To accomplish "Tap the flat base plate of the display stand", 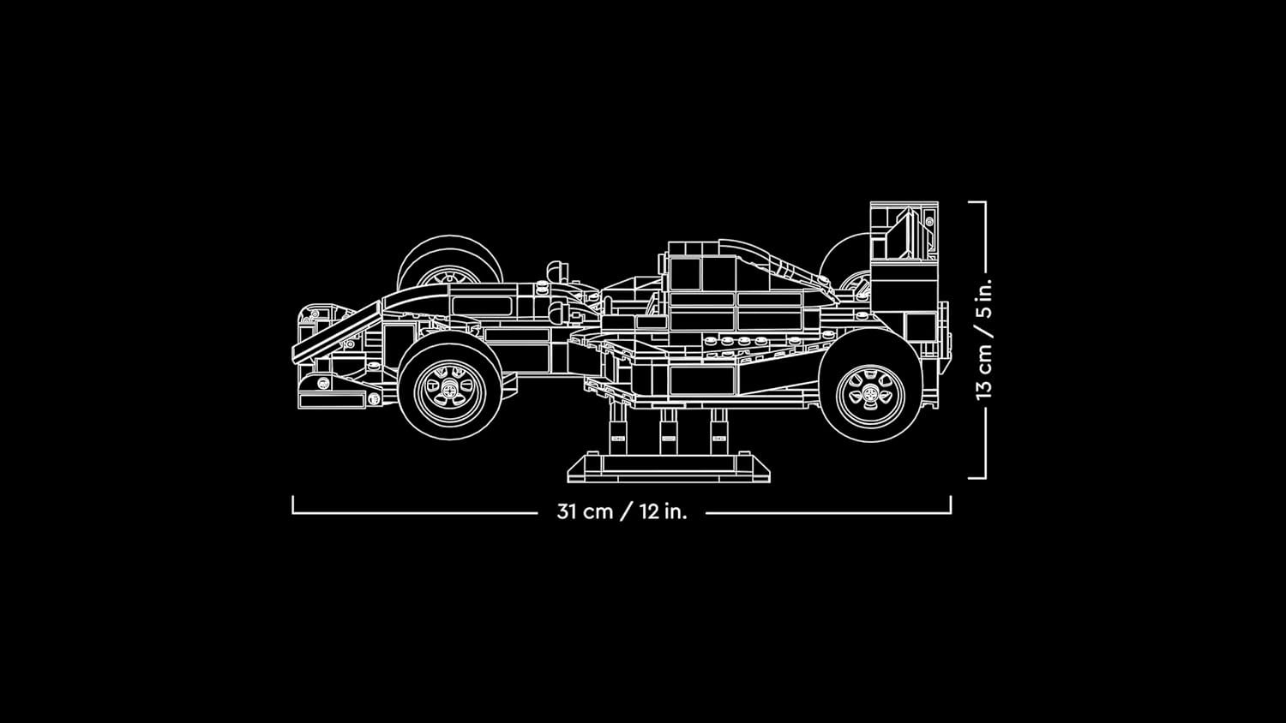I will pos(669,467).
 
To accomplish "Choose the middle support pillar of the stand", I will pos(666,428).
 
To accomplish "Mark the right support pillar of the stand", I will pos(718,428).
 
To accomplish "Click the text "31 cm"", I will pos(585,512).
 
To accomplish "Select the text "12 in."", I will pos(663,512).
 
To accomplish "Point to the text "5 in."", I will pos(983,297).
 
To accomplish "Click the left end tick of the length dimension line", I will pos(293,505).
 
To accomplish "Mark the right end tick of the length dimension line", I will pos(951,505).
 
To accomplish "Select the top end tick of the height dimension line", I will pos(977,202).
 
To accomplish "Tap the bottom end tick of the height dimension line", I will pos(977,478).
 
